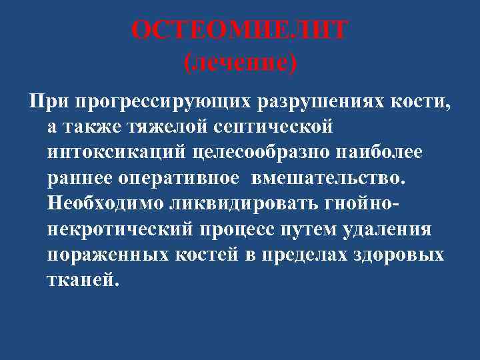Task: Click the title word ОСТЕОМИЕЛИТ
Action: click(x=239, y=31)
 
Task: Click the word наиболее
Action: click(x=377, y=151)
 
